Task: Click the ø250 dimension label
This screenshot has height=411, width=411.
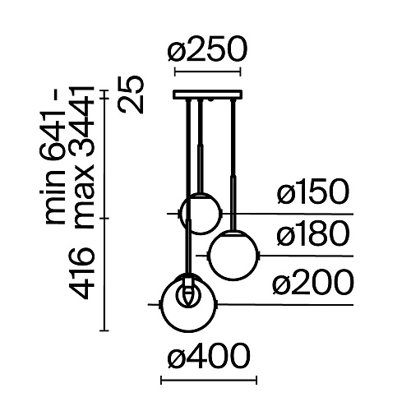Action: [x=207, y=49]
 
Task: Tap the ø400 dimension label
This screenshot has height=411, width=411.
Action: [x=209, y=356]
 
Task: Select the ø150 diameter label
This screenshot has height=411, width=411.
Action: [x=313, y=192]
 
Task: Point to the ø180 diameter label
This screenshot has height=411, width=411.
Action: [x=313, y=233]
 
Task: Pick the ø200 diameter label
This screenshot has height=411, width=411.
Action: [x=313, y=282]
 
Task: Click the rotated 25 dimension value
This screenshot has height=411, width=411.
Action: [x=132, y=95]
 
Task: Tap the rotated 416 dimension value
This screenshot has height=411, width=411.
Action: [x=81, y=273]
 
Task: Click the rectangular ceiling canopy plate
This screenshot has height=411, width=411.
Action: [x=207, y=95]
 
